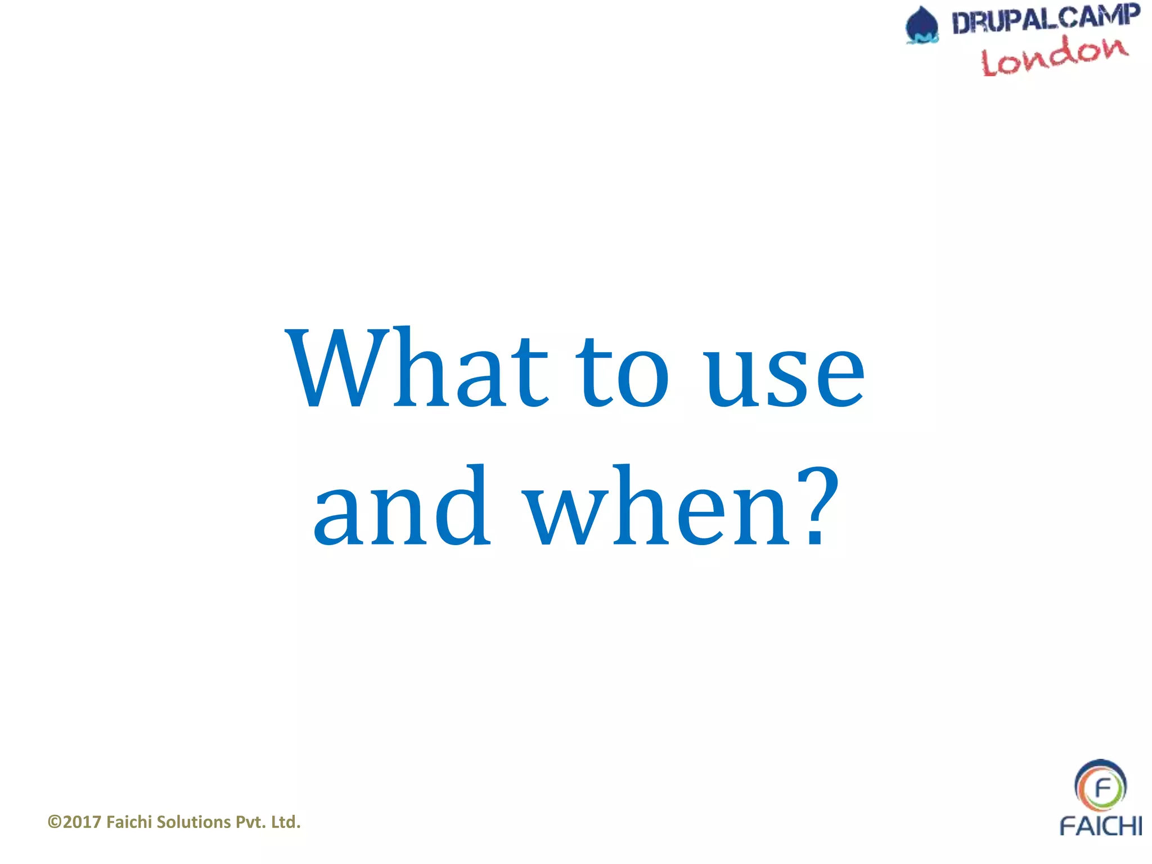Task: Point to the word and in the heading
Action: [x=402, y=506]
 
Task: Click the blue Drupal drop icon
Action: [x=922, y=25]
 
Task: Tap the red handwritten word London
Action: [x=1054, y=56]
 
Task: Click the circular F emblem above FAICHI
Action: [x=1100, y=786]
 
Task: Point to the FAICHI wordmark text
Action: [x=1100, y=826]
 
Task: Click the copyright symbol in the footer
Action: [x=55, y=822]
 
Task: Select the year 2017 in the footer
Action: [x=82, y=822]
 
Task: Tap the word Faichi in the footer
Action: [x=129, y=822]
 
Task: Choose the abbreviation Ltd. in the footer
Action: [x=286, y=822]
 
